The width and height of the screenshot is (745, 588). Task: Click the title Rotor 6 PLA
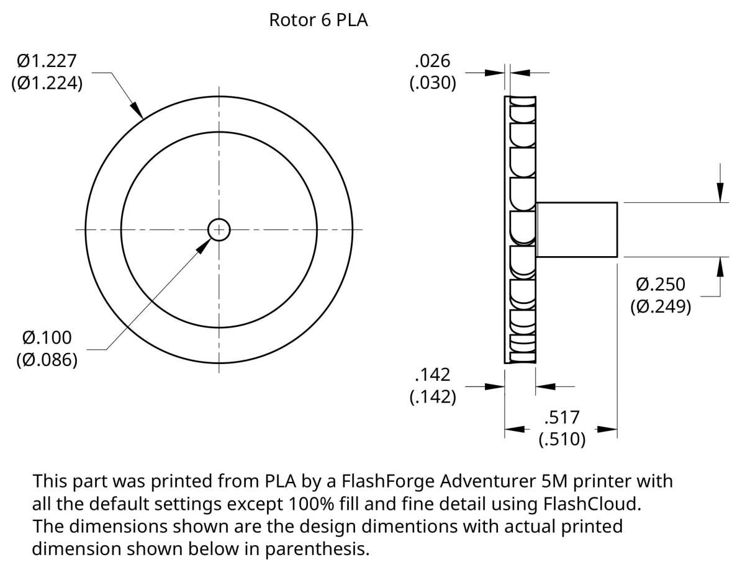pyautogui.click(x=318, y=20)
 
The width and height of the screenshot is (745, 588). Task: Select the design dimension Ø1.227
pyautogui.click(x=47, y=61)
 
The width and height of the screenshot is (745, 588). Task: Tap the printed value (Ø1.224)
pyautogui.click(x=47, y=83)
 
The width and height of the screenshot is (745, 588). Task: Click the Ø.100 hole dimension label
pyautogui.click(x=47, y=338)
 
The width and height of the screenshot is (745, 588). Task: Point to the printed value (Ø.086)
pyautogui.click(x=47, y=360)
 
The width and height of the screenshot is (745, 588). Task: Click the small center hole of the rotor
pyautogui.click(x=219, y=229)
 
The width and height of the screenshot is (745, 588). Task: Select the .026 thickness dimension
pyautogui.click(x=433, y=60)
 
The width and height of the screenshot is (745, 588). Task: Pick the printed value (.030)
pyautogui.click(x=433, y=82)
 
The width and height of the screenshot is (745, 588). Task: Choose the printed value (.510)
pyautogui.click(x=562, y=439)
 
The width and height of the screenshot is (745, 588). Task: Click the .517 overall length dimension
pyautogui.click(x=562, y=417)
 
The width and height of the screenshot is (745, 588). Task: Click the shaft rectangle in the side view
pyautogui.click(x=576, y=229)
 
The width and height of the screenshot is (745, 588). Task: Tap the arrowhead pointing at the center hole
pyautogui.click(x=203, y=246)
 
